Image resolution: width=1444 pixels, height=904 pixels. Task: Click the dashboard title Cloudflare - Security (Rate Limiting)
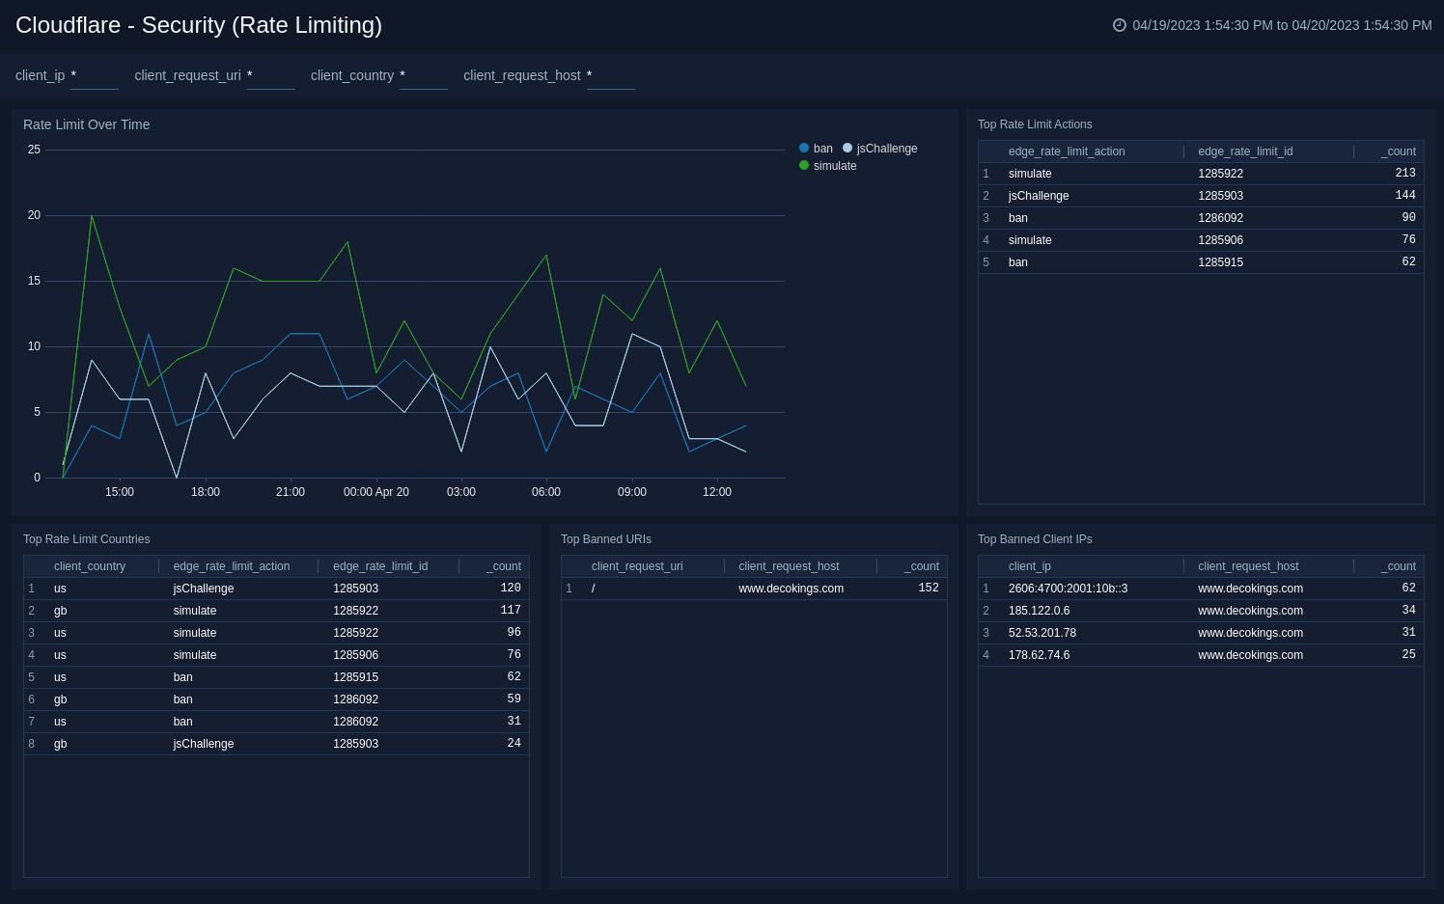click(199, 25)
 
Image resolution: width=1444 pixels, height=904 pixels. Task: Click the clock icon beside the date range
click(1120, 25)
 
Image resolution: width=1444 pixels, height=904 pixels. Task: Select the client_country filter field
click(423, 76)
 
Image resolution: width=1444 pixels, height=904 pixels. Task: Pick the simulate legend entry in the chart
click(834, 166)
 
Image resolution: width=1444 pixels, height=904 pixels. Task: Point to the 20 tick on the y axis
click(34, 215)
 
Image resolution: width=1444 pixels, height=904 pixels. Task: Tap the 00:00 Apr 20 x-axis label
click(375, 492)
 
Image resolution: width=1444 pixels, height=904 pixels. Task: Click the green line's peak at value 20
click(92, 216)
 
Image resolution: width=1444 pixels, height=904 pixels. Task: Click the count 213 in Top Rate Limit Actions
click(1404, 173)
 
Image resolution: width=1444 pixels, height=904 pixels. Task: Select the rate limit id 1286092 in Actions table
click(1220, 218)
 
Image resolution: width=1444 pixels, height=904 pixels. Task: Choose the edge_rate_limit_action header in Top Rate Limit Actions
click(1066, 151)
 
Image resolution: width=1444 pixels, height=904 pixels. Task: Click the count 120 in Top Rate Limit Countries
click(510, 588)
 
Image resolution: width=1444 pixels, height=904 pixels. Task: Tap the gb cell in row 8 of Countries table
click(60, 744)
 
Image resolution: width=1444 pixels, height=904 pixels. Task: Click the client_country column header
click(89, 566)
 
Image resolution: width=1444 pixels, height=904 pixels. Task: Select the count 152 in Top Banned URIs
click(928, 588)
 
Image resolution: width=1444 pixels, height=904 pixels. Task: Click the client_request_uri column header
click(636, 566)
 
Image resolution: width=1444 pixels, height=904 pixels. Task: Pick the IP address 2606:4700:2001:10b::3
click(1068, 589)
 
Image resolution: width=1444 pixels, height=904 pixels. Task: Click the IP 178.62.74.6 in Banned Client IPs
click(1039, 655)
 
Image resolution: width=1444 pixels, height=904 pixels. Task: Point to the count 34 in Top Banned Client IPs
click(1408, 610)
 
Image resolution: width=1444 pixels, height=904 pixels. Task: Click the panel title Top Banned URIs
click(605, 539)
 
